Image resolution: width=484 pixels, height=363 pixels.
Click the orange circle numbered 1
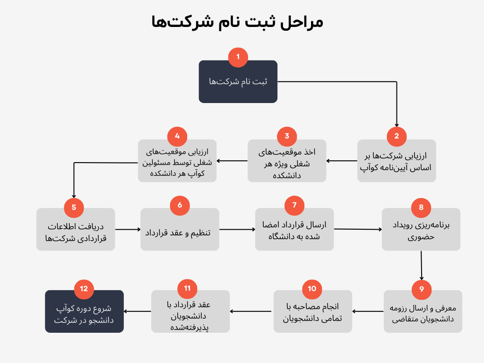click(x=238, y=57)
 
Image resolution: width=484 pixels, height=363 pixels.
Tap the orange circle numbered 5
click(x=74, y=207)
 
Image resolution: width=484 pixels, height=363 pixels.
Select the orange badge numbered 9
click(x=422, y=290)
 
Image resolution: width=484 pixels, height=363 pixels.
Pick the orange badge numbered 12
click(x=84, y=289)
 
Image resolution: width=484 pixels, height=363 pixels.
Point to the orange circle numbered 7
click(x=294, y=205)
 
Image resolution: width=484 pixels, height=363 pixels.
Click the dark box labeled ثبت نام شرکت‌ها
click(x=238, y=81)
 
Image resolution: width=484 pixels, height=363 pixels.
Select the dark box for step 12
click(x=84, y=311)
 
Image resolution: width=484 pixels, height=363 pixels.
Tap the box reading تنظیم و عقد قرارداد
click(x=180, y=229)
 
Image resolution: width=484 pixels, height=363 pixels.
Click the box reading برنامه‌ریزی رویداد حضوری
click(x=421, y=229)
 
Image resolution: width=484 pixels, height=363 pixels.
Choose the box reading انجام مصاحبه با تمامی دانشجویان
click(x=313, y=311)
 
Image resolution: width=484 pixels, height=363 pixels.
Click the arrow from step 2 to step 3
click(x=342, y=161)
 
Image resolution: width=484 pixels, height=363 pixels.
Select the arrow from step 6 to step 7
click(x=237, y=229)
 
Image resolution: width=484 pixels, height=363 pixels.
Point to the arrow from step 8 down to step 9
click(x=421, y=266)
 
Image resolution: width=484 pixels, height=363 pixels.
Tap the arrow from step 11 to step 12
click(x=138, y=311)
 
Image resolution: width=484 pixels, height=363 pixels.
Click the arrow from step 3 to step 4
click(x=232, y=161)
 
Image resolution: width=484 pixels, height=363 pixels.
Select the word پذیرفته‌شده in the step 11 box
click(x=190, y=328)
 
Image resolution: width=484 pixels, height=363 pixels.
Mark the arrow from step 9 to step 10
click(x=368, y=311)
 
